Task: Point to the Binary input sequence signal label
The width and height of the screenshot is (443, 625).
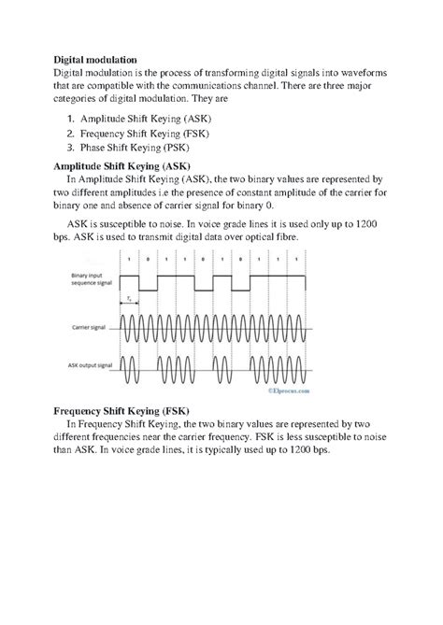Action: [93, 277]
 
